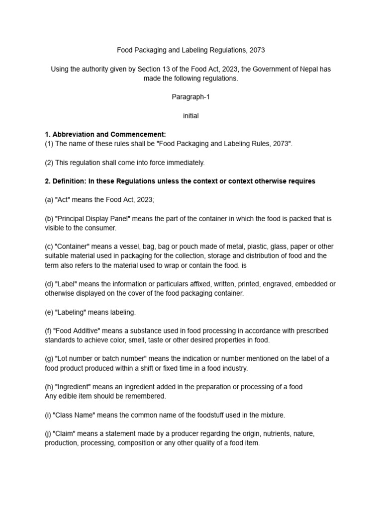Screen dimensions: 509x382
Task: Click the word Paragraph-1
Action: coord(191,97)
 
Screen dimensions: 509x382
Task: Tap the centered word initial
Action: coord(191,116)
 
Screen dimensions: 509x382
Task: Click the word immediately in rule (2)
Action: coord(183,163)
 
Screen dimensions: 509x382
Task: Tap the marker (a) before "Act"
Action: coord(50,200)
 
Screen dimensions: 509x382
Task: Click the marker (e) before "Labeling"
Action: coord(50,312)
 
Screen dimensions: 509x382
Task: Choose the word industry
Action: coord(233,368)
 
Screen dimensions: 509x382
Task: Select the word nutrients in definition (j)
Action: coord(271,433)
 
